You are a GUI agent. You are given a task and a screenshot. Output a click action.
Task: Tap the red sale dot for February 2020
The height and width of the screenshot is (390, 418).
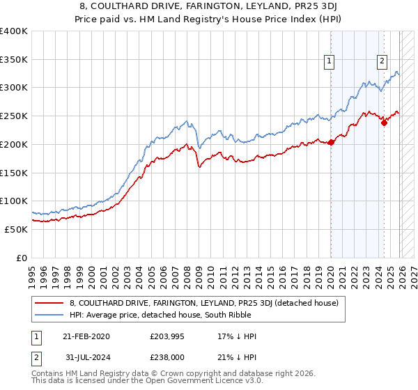pos(331,142)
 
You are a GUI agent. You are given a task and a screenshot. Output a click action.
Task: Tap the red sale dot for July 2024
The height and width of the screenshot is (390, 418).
pos(384,123)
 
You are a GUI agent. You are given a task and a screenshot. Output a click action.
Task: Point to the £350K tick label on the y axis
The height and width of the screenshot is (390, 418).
pos(14,60)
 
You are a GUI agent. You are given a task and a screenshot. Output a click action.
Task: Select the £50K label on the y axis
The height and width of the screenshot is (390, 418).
pos(17,229)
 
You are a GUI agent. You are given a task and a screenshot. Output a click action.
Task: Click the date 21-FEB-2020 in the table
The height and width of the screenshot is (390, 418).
pos(86,336)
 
